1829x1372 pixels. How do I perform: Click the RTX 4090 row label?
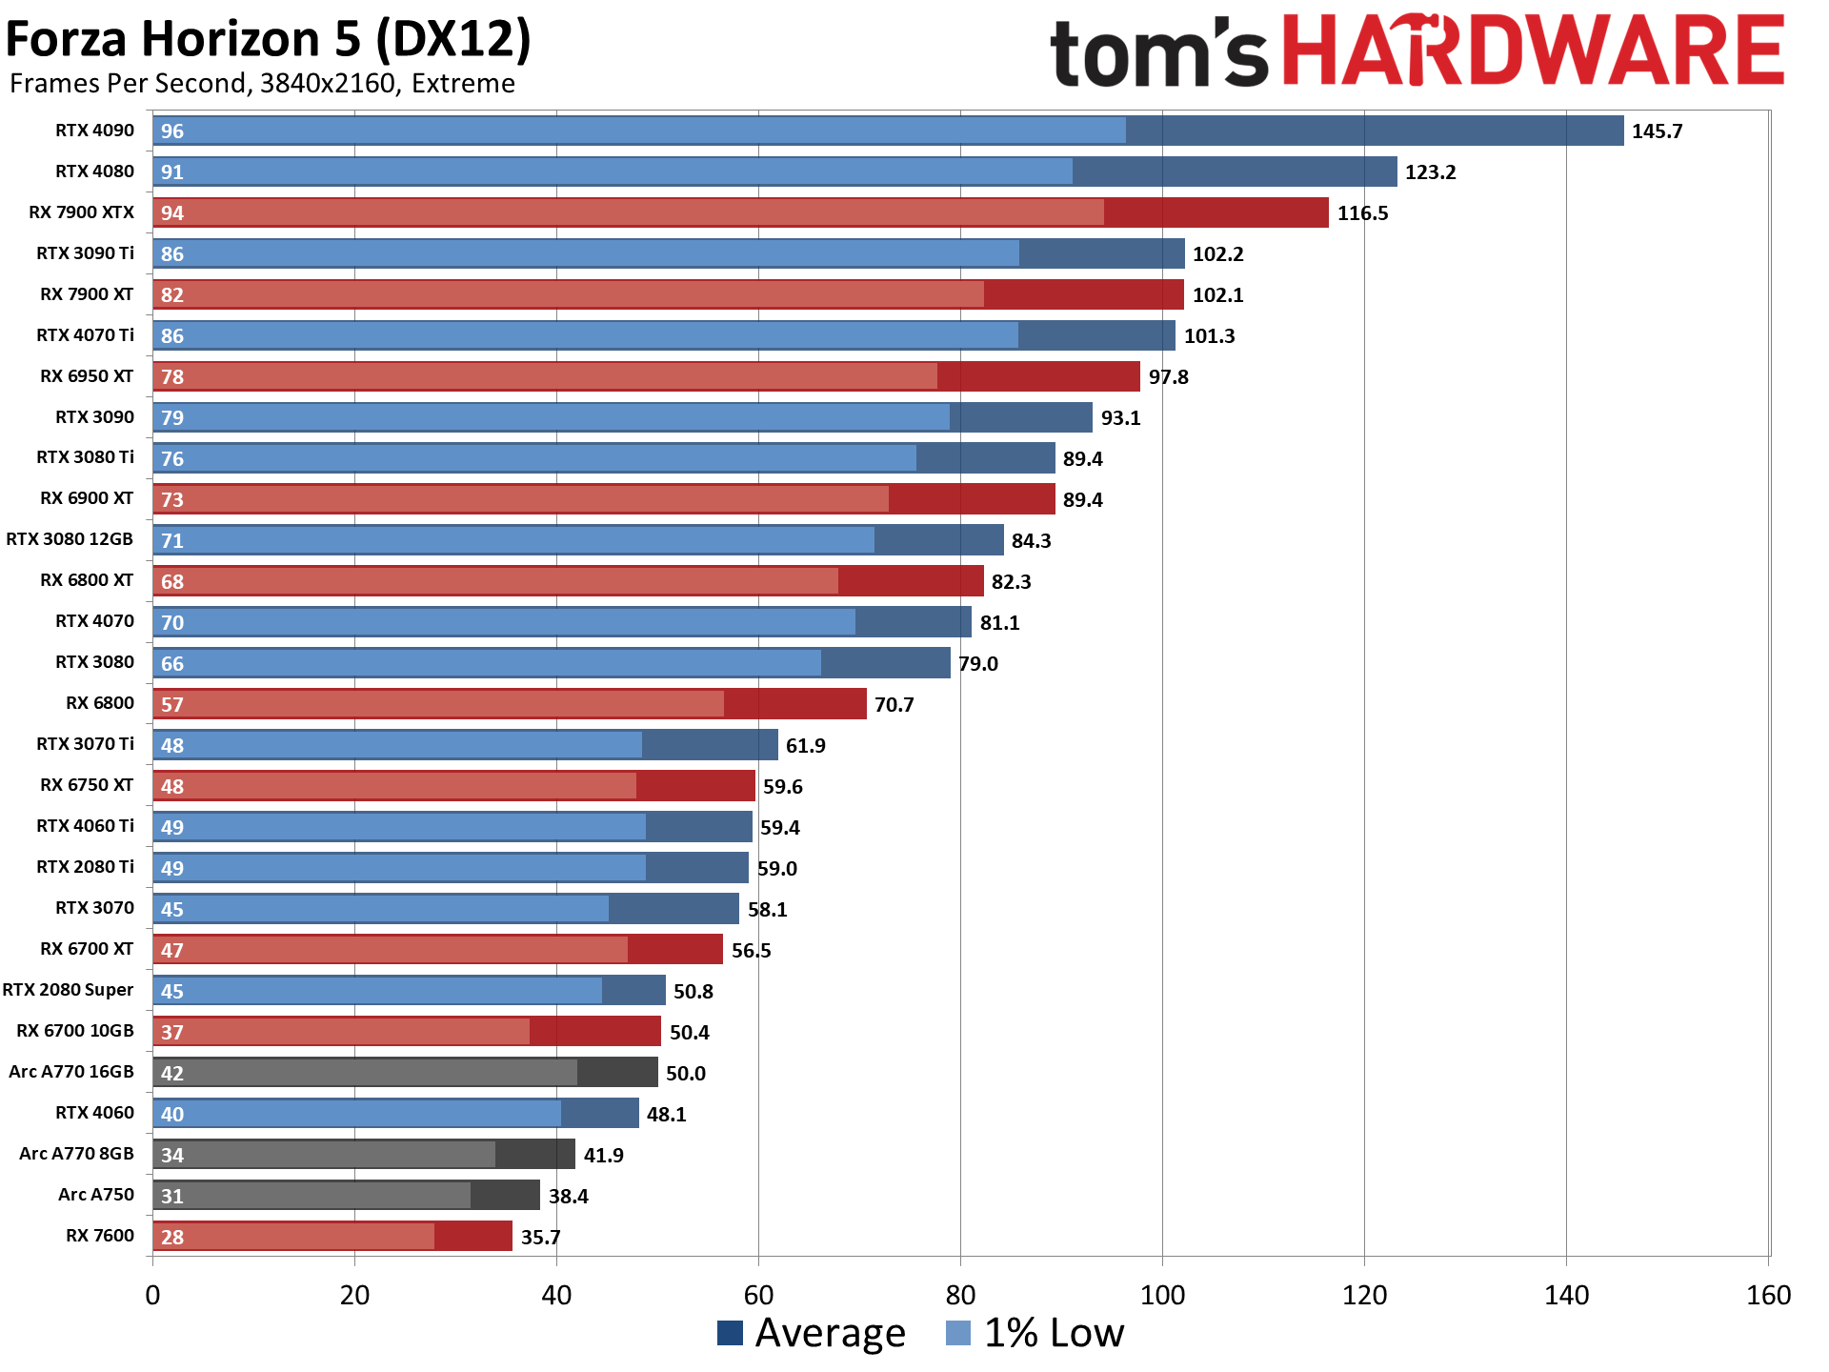(x=94, y=131)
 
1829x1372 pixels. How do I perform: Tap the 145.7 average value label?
(x=1657, y=131)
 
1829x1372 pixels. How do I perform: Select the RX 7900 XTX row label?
(x=81, y=212)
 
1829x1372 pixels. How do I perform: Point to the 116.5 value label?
(x=1362, y=213)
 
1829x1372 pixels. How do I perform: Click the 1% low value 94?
(x=172, y=213)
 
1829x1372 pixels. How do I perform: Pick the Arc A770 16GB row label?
(x=71, y=1072)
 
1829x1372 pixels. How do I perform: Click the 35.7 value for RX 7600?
(x=540, y=1238)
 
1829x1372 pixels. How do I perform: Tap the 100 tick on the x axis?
(x=1162, y=1296)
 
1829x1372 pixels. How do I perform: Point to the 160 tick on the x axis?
(x=1768, y=1296)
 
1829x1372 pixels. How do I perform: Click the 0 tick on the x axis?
(x=152, y=1296)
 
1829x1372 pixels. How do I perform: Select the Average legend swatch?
(x=730, y=1333)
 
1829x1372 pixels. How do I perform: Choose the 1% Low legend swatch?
(x=958, y=1333)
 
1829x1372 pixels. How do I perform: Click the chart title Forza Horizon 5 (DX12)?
(x=268, y=40)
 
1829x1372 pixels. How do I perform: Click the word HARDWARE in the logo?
(x=1533, y=51)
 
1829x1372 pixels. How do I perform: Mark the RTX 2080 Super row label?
(x=68, y=990)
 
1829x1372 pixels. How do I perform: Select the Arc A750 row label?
(x=96, y=1195)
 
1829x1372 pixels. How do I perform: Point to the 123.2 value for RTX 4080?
(x=1430, y=172)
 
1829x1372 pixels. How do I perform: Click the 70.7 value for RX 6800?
(x=894, y=705)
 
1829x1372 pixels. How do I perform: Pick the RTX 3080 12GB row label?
(x=70, y=539)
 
